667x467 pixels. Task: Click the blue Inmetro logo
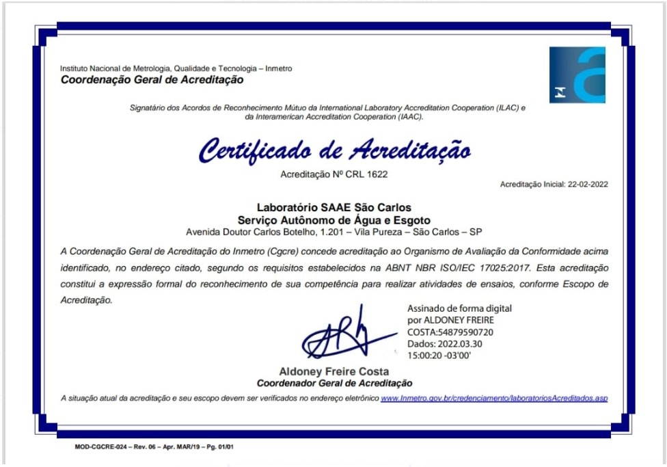tap(577, 75)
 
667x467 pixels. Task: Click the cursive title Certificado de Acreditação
tap(334, 150)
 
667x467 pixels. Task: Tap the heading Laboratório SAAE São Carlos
tap(333, 206)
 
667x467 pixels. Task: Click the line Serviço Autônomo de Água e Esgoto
tap(333, 219)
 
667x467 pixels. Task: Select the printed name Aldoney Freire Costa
tap(333, 372)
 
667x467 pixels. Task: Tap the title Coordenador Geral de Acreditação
tap(333, 384)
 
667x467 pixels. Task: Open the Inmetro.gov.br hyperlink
tap(493, 398)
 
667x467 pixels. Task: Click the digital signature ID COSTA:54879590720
tap(450, 332)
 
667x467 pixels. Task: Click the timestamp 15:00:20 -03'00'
tap(439, 356)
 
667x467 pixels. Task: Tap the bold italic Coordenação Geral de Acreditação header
tap(152, 80)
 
